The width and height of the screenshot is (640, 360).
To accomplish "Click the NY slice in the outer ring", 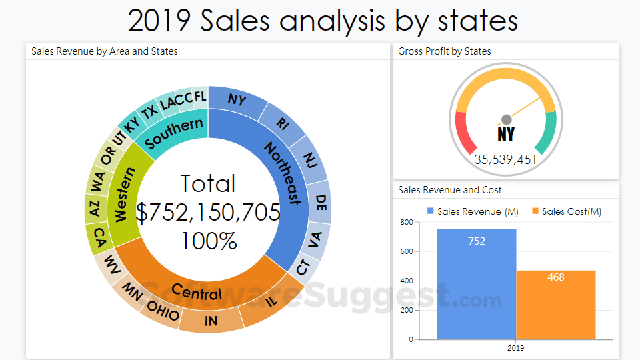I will coord(236,99).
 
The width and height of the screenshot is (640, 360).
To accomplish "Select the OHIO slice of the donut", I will coord(163,310).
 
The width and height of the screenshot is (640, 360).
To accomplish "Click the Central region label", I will coord(197,291).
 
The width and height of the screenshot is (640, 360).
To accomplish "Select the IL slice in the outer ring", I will coord(271,301).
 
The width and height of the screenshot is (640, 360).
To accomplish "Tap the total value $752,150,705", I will coord(209,212).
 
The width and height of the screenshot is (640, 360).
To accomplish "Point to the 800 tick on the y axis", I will coord(406,223).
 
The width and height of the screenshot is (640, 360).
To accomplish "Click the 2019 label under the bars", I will coord(516,348).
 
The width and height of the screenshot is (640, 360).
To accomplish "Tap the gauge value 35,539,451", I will coord(505,159).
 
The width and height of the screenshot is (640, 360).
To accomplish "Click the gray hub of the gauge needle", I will coord(506,119).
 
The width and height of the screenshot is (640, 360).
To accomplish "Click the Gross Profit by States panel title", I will coord(445,51).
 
